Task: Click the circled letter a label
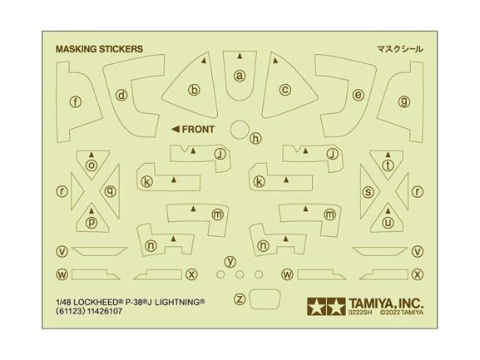[x=240, y=76]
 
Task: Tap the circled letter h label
[x=256, y=139]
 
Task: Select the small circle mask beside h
[x=240, y=130]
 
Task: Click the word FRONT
[x=198, y=130]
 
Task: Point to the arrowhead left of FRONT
[x=176, y=130]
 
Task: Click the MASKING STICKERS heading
[x=99, y=49]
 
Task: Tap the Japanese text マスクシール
[x=400, y=49]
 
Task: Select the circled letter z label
[x=240, y=298]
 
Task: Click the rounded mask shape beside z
[x=265, y=299]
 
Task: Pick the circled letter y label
[x=230, y=262]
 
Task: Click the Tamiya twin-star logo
[x=326, y=307]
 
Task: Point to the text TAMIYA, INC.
[x=386, y=303]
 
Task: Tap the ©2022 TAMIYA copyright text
[x=402, y=313]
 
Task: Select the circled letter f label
[x=76, y=101]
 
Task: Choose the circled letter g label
[x=404, y=101]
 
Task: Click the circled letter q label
[x=110, y=191]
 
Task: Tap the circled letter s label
[x=369, y=192]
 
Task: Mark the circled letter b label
[x=194, y=90]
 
